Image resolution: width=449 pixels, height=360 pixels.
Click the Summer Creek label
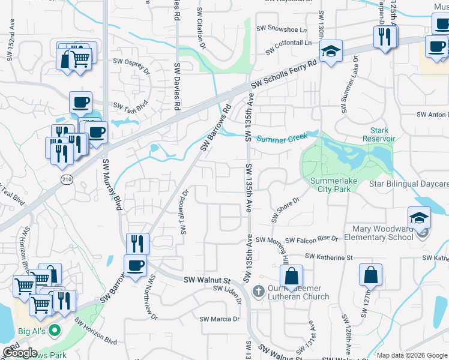point(282,139)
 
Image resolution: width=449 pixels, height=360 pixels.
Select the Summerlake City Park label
point(330,185)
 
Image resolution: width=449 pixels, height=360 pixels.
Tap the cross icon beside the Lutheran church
point(258,292)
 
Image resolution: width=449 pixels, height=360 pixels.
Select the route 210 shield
point(66,179)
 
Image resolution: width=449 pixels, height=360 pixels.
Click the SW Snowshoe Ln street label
point(282,28)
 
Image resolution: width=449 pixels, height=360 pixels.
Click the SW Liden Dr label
point(227,289)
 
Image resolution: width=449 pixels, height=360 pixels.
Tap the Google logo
point(20,353)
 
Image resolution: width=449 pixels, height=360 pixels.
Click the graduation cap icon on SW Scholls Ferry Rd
point(330,52)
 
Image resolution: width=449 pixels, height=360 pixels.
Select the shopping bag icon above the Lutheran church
point(291,277)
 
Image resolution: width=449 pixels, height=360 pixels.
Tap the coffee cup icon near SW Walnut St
point(135,265)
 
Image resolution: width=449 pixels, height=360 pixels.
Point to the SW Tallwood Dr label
point(185,211)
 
